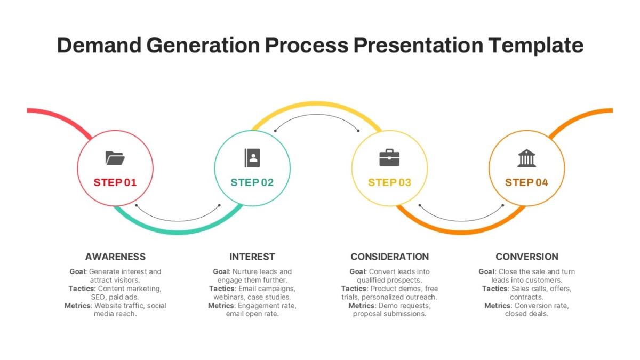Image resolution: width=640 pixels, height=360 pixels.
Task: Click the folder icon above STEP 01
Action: (x=115, y=158)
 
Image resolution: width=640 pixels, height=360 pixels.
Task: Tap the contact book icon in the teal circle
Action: (x=252, y=158)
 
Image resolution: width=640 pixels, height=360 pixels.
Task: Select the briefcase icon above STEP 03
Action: (x=389, y=157)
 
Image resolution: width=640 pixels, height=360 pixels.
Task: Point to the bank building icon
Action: (x=526, y=158)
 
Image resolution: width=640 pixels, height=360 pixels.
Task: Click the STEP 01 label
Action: (x=115, y=182)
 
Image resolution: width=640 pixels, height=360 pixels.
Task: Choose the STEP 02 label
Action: (x=252, y=182)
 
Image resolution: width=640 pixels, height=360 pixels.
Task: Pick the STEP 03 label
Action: (x=390, y=182)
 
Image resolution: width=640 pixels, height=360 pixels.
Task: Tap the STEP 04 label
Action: (x=526, y=182)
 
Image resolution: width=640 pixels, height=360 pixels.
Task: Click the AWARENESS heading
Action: (x=115, y=257)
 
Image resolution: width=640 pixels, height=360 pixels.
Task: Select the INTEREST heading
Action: (x=252, y=257)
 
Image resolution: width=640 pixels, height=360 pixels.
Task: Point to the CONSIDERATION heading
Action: (x=390, y=257)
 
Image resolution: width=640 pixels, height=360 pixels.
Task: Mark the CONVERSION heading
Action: (x=527, y=257)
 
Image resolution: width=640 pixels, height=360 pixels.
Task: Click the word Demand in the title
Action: (x=99, y=45)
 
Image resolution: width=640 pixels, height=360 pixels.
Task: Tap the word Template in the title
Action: (x=535, y=46)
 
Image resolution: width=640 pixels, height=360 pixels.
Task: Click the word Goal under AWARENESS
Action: (x=77, y=271)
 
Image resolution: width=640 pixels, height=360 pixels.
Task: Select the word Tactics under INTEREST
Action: (x=222, y=289)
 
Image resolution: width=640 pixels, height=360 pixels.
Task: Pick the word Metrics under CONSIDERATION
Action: (x=362, y=306)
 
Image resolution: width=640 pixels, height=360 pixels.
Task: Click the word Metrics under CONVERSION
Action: (x=498, y=306)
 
